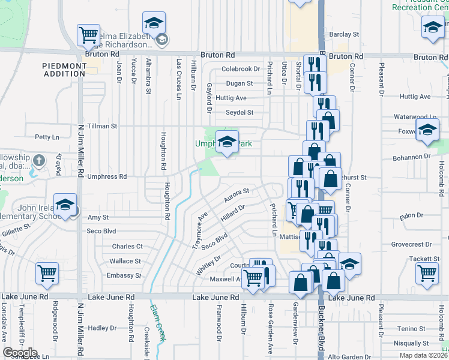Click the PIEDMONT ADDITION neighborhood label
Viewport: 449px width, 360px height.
(64, 69)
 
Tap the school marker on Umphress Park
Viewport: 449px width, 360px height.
(227, 142)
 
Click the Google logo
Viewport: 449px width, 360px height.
(20, 353)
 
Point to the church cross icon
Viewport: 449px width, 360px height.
(39, 161)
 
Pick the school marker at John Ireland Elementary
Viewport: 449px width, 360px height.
(65, 205)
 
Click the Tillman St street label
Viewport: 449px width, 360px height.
(101, 126)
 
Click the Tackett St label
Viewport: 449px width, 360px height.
(428, 258)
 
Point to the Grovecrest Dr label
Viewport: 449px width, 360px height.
(411, 244)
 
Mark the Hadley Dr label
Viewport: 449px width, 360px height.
(101, 328)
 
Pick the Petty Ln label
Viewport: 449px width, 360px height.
(47, 137)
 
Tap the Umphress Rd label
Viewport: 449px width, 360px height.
(107, 177)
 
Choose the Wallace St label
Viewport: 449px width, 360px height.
(125, 261)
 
